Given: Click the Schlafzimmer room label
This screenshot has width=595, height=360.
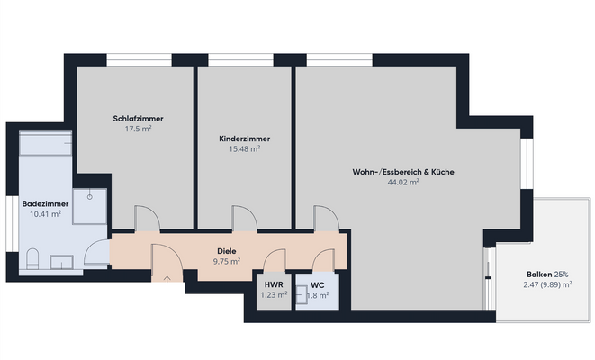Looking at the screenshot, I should coord(138,119).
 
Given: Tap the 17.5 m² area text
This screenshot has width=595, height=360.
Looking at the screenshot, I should coord(138,129).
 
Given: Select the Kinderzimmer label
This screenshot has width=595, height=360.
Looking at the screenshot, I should coord(245,139).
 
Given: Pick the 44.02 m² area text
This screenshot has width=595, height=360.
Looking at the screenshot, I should coord(403,181).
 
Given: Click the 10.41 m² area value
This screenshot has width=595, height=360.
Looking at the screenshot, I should coord(45,214).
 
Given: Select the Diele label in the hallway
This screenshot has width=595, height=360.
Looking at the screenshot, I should coord(227,251).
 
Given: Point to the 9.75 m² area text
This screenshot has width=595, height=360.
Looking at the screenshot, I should coord(227,261).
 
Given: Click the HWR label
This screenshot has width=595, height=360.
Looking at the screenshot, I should coord(274,284).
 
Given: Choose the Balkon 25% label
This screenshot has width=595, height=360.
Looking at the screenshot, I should coord(548,274).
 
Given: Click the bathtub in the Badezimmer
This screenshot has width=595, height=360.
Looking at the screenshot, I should coord(45,143).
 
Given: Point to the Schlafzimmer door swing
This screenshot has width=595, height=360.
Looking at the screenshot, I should coord(146,219).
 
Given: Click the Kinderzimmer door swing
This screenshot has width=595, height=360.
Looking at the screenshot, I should coord(244,219).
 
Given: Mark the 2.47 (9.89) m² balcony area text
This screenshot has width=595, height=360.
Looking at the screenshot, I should coord(548,284).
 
